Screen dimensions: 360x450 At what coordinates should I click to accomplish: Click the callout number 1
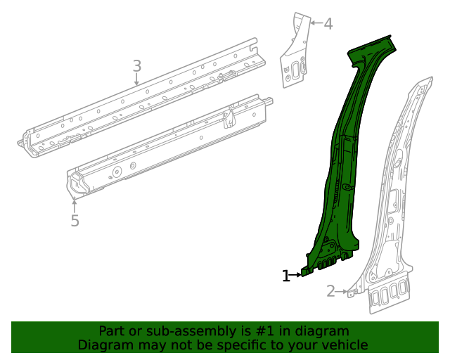pos(286,276)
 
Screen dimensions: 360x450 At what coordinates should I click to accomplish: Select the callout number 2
pos(330,290)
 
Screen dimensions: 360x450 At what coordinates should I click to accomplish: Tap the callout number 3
pos(137,66)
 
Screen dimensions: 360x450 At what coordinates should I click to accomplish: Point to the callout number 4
pos(328,24)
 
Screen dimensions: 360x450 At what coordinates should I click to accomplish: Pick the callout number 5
pos(75,221)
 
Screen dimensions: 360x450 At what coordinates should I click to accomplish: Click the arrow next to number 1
pos(297,276)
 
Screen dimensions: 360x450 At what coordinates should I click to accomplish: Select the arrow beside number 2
pos(342,290)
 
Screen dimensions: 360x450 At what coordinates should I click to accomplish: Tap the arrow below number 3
pos(137,79)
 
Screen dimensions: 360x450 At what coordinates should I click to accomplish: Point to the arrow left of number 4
pos(315,23)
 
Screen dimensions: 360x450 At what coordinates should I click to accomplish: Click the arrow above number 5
pos(75,206)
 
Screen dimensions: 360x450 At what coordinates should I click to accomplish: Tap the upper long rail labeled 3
pos(141,98)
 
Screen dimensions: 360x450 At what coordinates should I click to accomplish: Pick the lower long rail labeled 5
pos(169,148)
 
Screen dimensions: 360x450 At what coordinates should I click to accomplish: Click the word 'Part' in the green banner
pos(112,331)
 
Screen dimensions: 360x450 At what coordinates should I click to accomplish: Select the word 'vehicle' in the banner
pos(344,345)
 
